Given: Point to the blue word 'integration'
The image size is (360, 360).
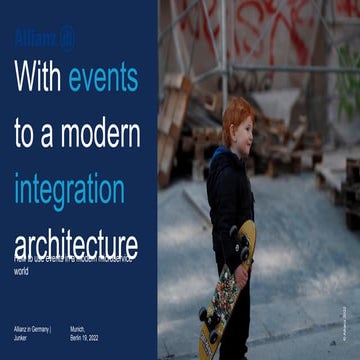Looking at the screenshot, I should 69,189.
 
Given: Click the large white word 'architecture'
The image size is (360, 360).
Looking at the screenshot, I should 75,242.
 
